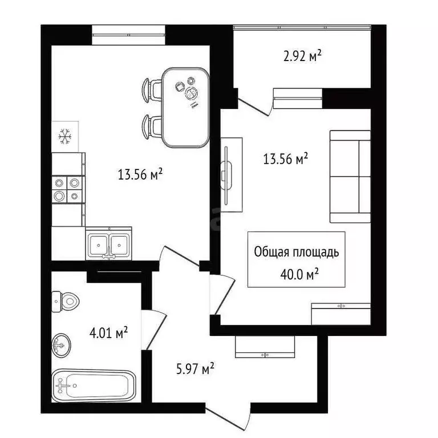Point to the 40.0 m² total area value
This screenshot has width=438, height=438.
pos(296,274)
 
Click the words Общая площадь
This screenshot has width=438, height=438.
pos(296,252)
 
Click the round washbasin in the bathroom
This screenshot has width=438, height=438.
pos(62,344)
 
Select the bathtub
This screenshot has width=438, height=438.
pos(94,386)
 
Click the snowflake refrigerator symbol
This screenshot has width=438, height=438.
pos(65,137)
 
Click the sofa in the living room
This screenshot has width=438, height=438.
pos(350,176)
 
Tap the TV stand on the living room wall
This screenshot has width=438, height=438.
pos(232,175)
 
